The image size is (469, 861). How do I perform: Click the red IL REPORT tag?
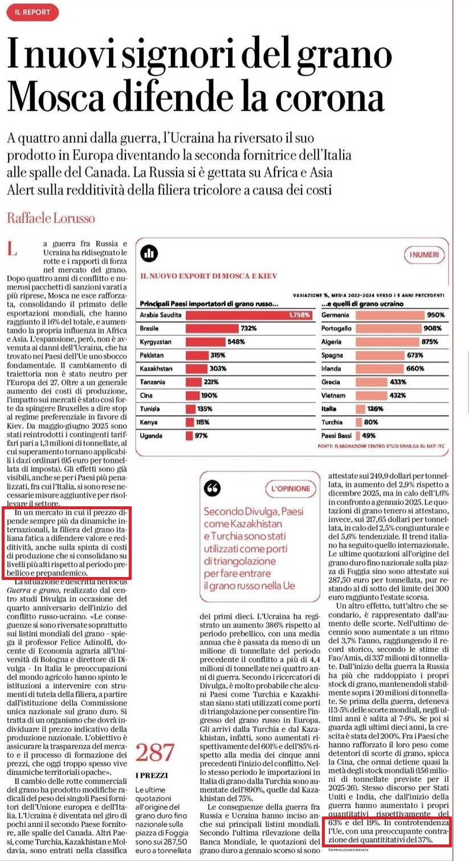pos(32,11)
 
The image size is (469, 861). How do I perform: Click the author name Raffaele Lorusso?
pos(51,218)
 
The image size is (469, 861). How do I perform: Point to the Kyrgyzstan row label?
pos(156,342)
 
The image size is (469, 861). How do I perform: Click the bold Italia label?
pos(329,409)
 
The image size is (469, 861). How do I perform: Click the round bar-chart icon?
pos(150,253)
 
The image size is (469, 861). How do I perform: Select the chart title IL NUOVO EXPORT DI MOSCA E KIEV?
pos(209,276)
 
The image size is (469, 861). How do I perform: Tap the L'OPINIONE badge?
pos(290,489)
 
